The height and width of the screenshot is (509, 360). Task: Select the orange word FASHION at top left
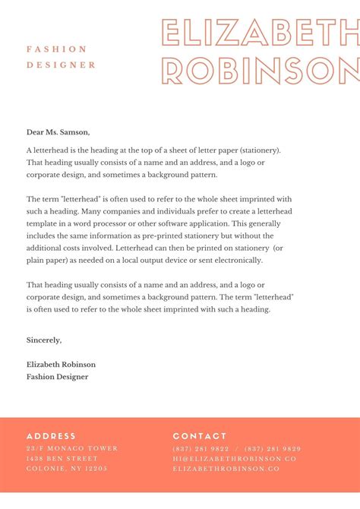click(57, 49)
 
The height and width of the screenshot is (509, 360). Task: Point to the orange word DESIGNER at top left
click(62, 65)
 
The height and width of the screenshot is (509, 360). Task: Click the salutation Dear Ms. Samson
click(58, 131)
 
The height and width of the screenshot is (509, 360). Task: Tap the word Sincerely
click(44, 340)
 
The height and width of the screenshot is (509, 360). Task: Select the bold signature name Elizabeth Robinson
click(61, 364)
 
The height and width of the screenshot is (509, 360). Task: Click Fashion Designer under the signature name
click(57, 376)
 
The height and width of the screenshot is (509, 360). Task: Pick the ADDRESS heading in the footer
click(51, 436)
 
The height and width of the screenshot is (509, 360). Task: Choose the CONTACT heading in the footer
click(200, 436)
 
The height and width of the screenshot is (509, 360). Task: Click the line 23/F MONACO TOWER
click(72, 448)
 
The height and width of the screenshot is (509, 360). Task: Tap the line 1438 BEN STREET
click(62, 459)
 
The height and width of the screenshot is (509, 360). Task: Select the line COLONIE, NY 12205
click(67, 469)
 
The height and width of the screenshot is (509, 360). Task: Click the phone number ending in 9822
click(201, 448)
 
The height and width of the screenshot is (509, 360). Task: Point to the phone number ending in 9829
click(273, 448)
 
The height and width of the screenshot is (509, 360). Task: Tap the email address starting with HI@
click(235, 459)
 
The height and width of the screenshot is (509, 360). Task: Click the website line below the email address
click(226, 469)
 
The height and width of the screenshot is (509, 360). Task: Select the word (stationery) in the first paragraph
click(257, 150)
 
